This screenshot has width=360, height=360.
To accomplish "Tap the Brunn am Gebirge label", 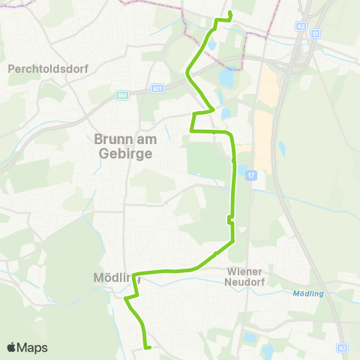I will click(x=124, y=145).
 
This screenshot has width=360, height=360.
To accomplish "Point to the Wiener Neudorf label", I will click(x=246, y=277).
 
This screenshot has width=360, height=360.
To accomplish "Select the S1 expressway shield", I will click(x=316, y=33).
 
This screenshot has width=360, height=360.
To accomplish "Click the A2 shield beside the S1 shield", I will click(x=301, y=25).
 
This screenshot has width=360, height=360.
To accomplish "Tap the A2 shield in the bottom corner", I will click(x=342, y=348).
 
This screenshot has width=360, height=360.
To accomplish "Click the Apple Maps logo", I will click(x=27, y=347).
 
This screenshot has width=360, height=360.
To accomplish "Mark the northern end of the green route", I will click(x=229, y=14).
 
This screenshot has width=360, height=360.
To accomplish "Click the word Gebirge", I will click(x=124, y=153).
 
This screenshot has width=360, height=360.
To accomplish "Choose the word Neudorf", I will click(x=246, y=283).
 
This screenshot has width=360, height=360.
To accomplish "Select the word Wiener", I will click(x=246, y=271).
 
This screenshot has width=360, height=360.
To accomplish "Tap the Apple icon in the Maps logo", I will click(x=11, y=346).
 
